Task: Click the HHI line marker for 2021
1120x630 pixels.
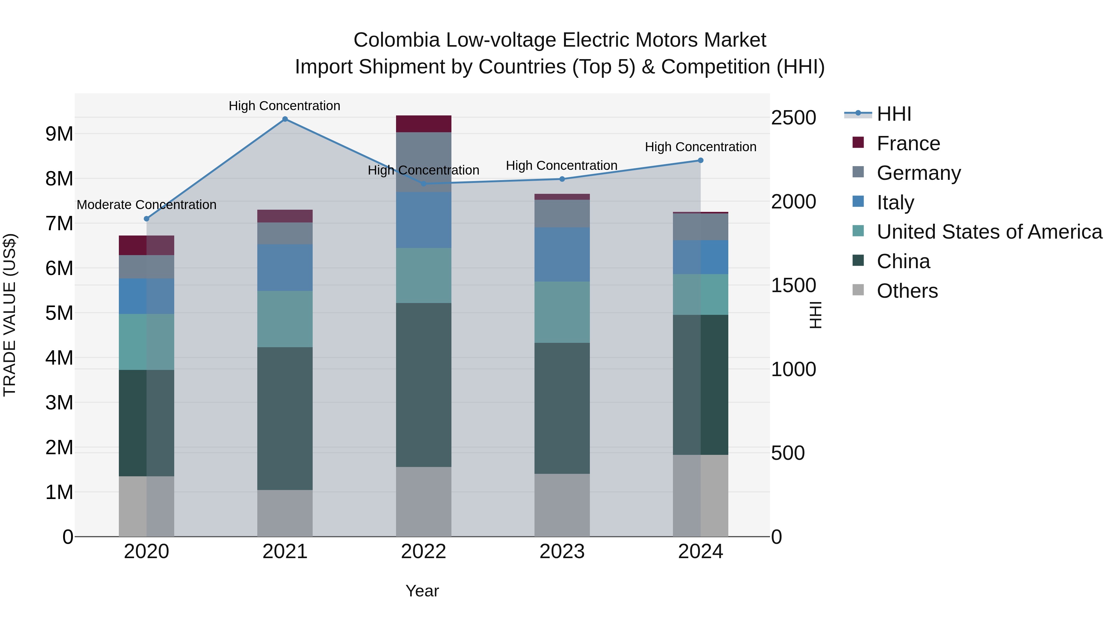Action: [x=285, y=119]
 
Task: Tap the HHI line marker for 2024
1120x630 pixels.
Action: [x=700, y=161]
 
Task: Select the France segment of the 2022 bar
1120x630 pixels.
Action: [x=423, y=124]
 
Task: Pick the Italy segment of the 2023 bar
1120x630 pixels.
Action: [x=562, y=254]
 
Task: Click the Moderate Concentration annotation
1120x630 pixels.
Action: [x=147, y=204]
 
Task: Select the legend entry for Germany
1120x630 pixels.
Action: [x=918, y=173]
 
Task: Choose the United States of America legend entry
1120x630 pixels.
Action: [x=989, y=232]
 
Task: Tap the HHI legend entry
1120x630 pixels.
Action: [x=894, y=114]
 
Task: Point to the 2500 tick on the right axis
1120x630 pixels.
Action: [x=793, y=118]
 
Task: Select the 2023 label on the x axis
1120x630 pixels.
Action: [x=562, y=552]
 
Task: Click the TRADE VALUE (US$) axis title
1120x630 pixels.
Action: [x=10, y=315]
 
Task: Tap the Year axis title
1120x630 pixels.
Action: [x=422, y=591]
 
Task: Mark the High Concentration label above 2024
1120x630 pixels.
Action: [x=700, y=147]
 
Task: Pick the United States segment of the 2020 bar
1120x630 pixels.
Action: [x=147, y=342]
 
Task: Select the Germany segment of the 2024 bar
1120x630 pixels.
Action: [x=700, y=226]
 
